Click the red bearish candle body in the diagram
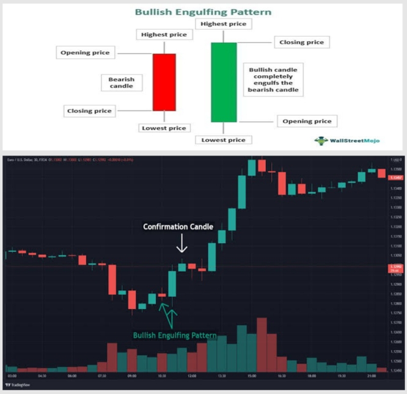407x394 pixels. [x=164, y=82]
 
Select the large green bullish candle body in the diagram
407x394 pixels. [x=224, y=82]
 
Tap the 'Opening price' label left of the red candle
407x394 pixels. [x=85, y=53]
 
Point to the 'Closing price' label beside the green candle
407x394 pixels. [x=301, y=42]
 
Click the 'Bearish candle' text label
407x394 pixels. [x=122, y=82]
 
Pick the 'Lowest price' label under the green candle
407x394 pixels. [x=223, y=140]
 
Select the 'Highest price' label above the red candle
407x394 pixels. [x=163, y=34]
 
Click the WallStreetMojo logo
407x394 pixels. [x=346, y=140]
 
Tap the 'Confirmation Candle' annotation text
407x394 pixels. [x=178, y=227]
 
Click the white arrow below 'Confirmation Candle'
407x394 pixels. [x=182, y=246]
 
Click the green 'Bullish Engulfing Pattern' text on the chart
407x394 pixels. [x=175, y=335]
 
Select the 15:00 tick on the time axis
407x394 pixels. [x=251, y=376]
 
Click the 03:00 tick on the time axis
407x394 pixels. [x=12, y=376]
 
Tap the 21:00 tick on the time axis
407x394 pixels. [x=371, y=376]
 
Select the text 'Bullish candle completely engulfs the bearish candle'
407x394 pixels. [x=273, y=80]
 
